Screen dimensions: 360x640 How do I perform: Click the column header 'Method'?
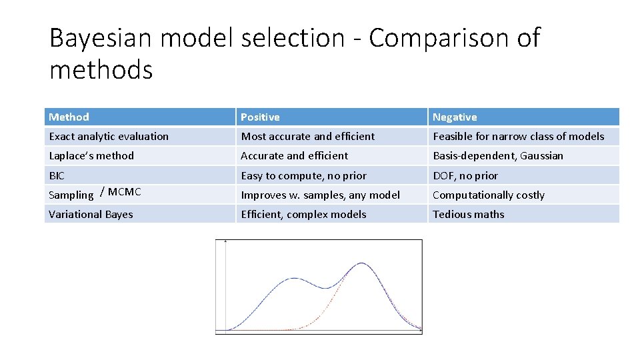pyautogui.click(x=69, y=117)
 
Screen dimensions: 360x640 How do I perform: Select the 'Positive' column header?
pyautogui.click(x=260, y=117)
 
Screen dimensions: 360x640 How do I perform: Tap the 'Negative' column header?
pyautogui.click(x=455, y=117)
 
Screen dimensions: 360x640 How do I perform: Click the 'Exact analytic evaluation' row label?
pyautogui.click(x=109, y=137)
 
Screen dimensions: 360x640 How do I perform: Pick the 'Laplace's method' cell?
pyautogui.click(x=91, y=156)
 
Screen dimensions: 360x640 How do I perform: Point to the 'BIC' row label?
pyautogui.click(x=58, y=176)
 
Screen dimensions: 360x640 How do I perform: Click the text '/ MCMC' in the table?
pyautogui.click(x=120, y=192)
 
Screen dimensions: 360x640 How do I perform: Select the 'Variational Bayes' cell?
pyautogui.click(x=91, y=215)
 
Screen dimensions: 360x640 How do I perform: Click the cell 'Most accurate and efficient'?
pyautogui.click(x=307, y=137)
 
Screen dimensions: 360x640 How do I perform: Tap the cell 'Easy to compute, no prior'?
pyautogui.click(x=303, y=176)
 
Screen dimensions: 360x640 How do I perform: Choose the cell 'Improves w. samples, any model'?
pyautogui.click(x=320, y=195)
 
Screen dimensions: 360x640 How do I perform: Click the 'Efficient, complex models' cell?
pyautogui.click(x=303, y=215)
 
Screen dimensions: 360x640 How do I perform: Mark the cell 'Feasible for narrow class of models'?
pyautogui.click(x=518, y=137)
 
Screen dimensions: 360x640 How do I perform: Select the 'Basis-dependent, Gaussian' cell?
pyautogui.click(x=497, y=156)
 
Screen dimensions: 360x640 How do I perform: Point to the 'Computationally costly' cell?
pyautogui.click(x=488, y=195)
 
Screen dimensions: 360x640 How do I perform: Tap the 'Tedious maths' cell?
pyautogui.click(x=468, y=215)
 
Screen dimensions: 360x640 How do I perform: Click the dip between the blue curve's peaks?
pyautogui.click(x=325, y=287)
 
